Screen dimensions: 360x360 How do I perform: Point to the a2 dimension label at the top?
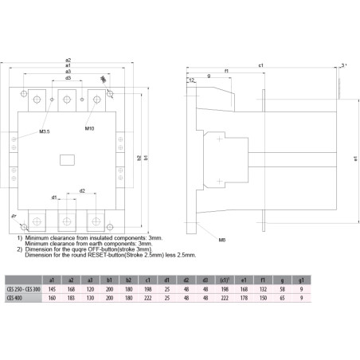68,60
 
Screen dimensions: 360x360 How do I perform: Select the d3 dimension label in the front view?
68,78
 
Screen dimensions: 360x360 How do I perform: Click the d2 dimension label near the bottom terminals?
81,191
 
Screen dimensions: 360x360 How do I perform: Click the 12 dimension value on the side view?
193,80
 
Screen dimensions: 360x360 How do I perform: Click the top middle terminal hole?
67,101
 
